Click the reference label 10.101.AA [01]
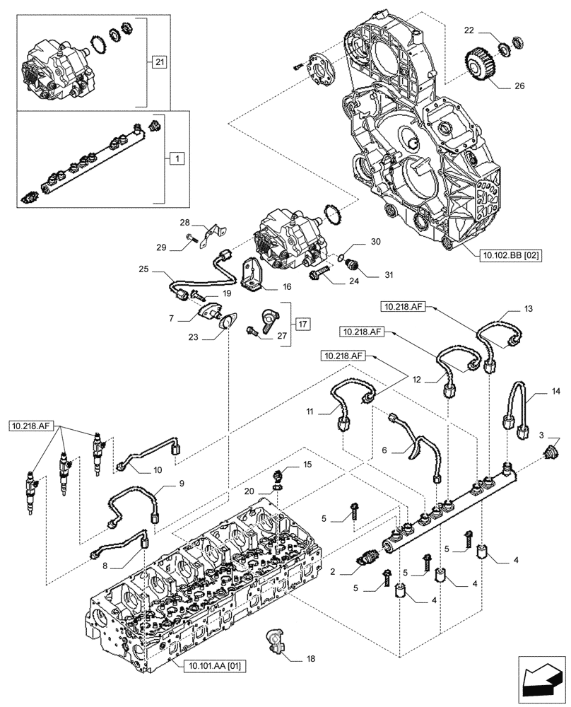click(x=213, y=665)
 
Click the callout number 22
click(x=469, y=30)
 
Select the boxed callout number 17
click(x=302, y=325)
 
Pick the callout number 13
click(x=529, y=309)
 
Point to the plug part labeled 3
click(x=551, y=452)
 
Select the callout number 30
click(x=376, y=242)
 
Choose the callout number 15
click(x=307, y=464)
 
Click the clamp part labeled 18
click(x=275, y=641)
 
